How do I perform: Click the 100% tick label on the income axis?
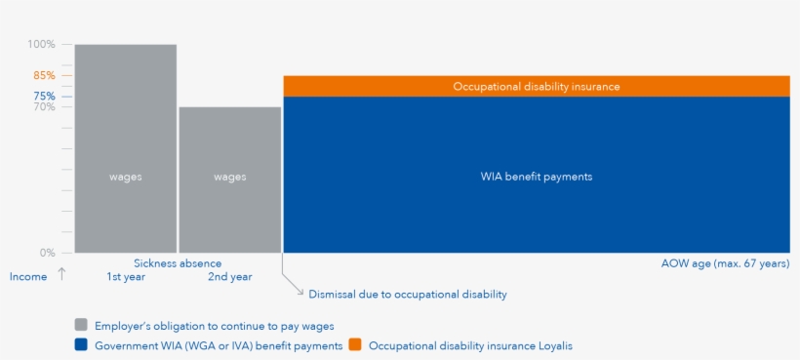[41, 44]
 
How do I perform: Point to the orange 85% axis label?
[44, 75]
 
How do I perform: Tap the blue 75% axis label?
[44, 97]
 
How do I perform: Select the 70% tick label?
[44, 106]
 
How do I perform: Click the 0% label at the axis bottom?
[48, 253]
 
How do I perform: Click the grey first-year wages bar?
[126, 148]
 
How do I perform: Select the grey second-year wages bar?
[229, 180]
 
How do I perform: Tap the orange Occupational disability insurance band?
[537, 86]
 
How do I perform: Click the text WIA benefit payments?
[537, 177]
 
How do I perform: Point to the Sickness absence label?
[178, 263]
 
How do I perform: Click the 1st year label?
[126, 277]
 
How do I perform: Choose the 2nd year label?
[229, 277]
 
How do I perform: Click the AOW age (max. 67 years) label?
[725, 263]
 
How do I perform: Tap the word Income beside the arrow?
[28, 277]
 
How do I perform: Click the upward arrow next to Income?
[61, 274]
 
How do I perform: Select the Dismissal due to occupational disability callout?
[408, 295]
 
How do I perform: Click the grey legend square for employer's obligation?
[81, 325]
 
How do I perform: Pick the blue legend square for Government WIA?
[81, 345]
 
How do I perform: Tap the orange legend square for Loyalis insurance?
[355, 345]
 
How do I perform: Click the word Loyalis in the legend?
[555, 345]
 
